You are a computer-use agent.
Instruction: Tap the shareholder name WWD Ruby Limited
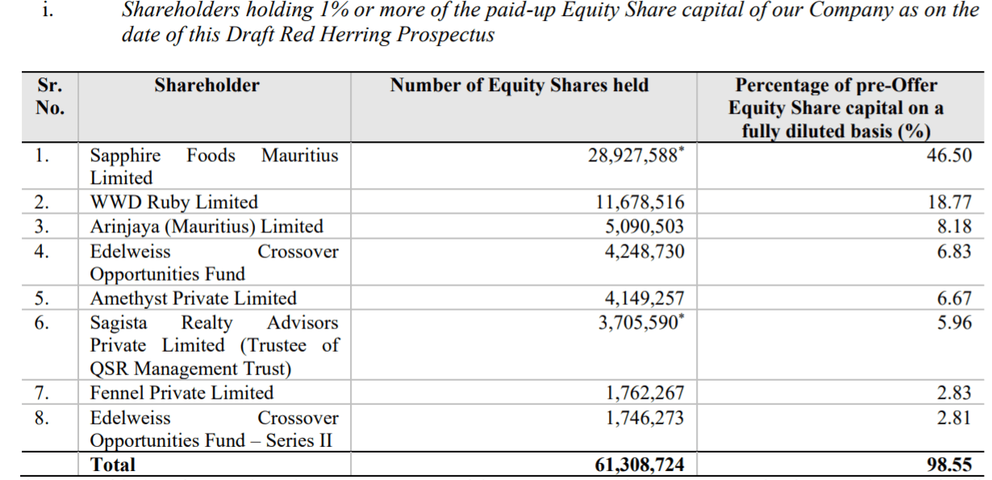point(173,202)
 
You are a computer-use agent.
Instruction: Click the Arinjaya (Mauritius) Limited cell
point(206,227)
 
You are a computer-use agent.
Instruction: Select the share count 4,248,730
point(644,252)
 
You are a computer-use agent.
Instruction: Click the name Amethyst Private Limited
point(193,298)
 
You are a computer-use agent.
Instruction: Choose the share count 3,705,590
point(640,323)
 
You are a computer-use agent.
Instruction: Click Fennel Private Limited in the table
point(181,394)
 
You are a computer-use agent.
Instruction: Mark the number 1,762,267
point(644,394)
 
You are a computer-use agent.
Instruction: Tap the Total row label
point(113,465)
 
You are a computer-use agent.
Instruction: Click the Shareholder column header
point(207,86)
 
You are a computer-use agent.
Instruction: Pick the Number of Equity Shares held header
point(519,86)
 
